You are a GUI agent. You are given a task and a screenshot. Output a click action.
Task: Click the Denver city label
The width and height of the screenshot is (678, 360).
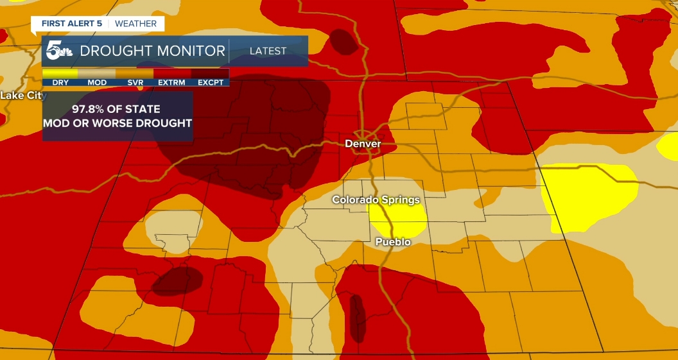pos(363,144)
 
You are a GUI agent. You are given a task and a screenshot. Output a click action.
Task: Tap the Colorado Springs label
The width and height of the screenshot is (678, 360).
pos(376,200)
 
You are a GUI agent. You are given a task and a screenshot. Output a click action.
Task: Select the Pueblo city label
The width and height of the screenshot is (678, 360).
pos(393,242)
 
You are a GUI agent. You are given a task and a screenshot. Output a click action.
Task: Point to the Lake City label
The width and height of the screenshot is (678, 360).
pos(23,96)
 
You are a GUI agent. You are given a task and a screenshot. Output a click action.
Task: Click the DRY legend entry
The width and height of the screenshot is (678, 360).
pos(60,82)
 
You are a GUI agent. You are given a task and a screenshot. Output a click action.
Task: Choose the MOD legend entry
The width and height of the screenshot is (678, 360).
pos(97,82)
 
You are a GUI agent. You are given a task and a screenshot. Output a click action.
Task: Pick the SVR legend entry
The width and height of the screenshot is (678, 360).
pos(135,82)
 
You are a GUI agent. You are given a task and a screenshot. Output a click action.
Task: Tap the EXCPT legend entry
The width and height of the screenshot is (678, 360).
pos(210,82)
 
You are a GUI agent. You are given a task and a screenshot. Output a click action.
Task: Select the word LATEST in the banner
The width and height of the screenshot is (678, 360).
pos(268,51)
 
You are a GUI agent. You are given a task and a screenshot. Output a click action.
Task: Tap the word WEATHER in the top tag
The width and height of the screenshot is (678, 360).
pos(135,24)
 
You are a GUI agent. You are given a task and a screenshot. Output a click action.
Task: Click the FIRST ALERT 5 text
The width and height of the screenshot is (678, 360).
pos(71,24)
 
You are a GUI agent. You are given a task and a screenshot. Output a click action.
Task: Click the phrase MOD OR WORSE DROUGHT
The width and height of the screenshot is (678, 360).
pos(117,123)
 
